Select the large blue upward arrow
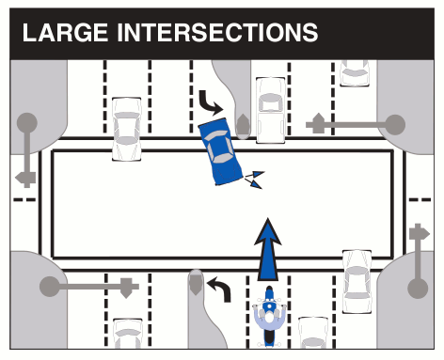268,248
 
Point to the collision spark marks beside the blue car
253,178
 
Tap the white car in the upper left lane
126,128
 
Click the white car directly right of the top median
270,109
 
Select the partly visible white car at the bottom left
128,336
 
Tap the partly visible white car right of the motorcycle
312,337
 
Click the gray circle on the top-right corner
396,123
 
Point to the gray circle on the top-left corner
26,122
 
